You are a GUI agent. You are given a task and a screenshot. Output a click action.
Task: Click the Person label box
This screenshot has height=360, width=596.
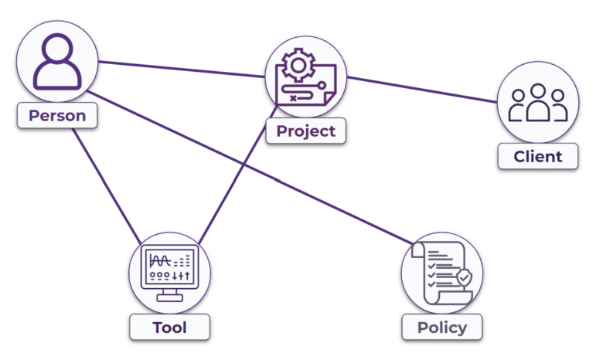[x=57, y=117]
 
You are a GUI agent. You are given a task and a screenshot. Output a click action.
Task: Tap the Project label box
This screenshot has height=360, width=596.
[x=306, y=131]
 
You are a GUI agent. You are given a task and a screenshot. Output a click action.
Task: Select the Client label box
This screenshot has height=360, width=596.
[x=538, y=157]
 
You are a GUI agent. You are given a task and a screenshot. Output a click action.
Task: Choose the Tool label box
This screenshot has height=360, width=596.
[x=169, y=327]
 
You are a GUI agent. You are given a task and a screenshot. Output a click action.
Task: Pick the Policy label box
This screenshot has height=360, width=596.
[x=441, y=327]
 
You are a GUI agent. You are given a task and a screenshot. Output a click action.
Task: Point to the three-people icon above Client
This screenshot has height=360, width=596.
[x=538, y=103]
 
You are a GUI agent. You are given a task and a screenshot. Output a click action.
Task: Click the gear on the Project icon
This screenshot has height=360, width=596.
[x=295, y=66]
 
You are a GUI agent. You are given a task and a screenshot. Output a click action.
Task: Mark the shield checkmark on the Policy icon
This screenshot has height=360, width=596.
[x=462, y=277]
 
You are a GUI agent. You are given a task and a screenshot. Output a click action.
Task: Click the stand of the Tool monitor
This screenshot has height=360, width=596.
[x=169, y=296]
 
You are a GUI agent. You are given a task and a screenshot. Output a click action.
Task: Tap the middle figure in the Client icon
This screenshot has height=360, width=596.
[x=538, y=105]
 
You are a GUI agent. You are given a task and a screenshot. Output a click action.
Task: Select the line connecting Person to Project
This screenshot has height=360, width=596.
[x=182, y=70]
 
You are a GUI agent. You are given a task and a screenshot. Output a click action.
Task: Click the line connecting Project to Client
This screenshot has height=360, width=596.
[x=421, y=90]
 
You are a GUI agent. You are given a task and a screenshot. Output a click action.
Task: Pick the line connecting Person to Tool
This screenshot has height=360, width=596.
[x=104, y=182]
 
